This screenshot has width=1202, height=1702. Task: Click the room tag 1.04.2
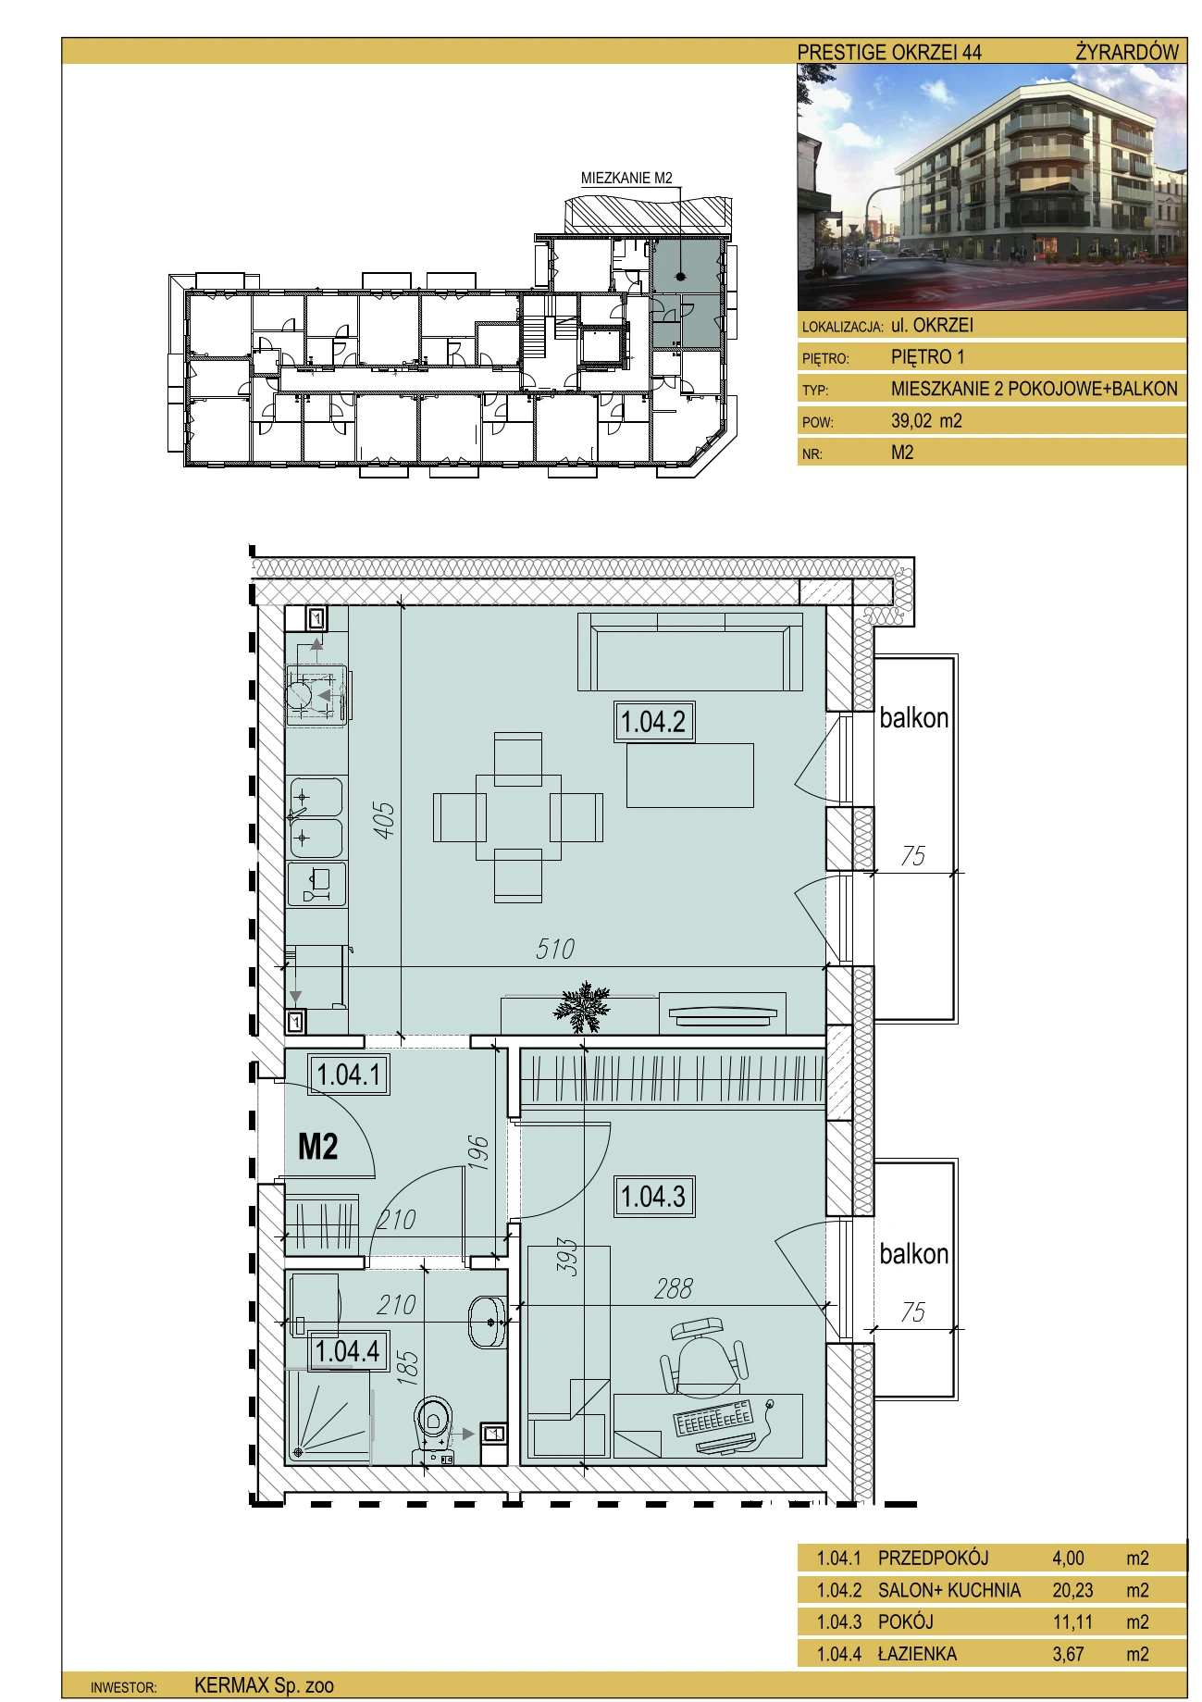tap(653, 722)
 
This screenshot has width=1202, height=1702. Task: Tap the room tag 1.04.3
tap(653, 1196)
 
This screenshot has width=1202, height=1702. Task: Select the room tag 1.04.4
tap(347, 1350)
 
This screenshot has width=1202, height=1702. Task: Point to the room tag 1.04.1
tap(349, 1075)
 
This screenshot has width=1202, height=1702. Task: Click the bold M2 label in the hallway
tap(317, 1147)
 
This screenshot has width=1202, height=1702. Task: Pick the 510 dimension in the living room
tap(555, 949)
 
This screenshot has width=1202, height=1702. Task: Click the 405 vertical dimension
tap(383, 820)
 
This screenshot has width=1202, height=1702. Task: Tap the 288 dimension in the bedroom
tap(673, 1288)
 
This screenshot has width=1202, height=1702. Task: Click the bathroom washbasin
tap(487, 1321)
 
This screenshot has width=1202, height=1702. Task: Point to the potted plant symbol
tap(582, 1006)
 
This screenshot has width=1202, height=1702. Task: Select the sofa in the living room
tap(689, 652)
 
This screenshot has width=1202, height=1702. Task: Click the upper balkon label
tap(913, 718)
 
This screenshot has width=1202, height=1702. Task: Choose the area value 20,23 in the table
tap(1072, 1590)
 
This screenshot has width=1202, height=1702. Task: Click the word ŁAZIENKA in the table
tap(917, 1654)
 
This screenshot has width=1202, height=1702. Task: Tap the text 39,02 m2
tap(926, 421)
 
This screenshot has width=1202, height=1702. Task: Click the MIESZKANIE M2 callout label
tap(626, 178)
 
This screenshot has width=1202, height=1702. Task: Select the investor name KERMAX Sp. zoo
tap(264, 1685)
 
